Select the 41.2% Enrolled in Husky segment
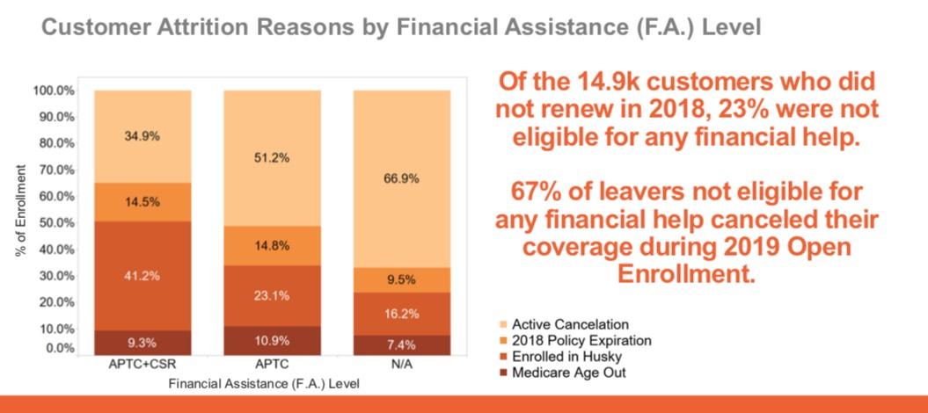point(142,275)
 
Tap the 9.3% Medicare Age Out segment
point(142,342)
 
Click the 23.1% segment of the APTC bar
point(272,295)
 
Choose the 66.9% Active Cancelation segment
point(402,178)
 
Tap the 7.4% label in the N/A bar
point(402,344)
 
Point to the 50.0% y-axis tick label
point(54,222)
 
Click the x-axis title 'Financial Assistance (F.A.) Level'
point(263,384)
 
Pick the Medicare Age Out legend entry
point(567,373)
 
